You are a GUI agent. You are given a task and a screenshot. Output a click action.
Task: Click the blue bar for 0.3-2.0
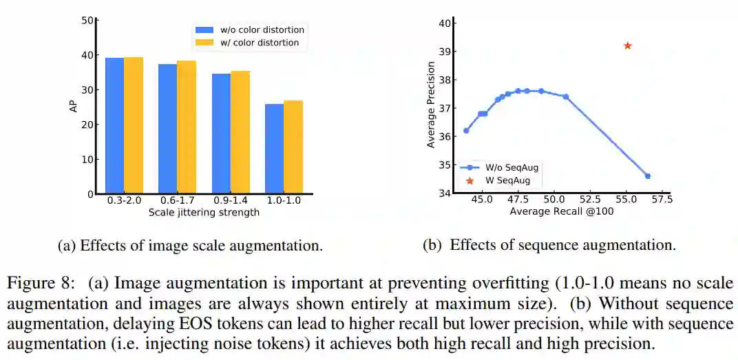pos(114,126)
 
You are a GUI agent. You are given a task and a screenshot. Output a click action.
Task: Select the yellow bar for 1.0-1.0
pos(293,147)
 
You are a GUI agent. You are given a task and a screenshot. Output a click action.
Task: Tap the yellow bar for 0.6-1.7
pos(187,127)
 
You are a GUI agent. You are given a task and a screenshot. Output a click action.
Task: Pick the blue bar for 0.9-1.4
pos(221,134)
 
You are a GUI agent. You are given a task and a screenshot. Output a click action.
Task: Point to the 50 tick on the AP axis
pos(87,20)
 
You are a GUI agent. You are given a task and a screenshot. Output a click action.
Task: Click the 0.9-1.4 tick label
pos(231,201)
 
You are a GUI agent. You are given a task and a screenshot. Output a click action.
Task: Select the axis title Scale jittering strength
pos(204,212)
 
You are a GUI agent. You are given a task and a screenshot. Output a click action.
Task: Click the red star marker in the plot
pos(627,46)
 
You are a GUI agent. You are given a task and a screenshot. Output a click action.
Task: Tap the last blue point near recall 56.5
pos(647,176)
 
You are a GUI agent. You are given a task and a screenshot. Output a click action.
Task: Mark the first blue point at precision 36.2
pos(466,130)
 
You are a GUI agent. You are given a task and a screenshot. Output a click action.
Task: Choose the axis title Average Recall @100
pos(562,212)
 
